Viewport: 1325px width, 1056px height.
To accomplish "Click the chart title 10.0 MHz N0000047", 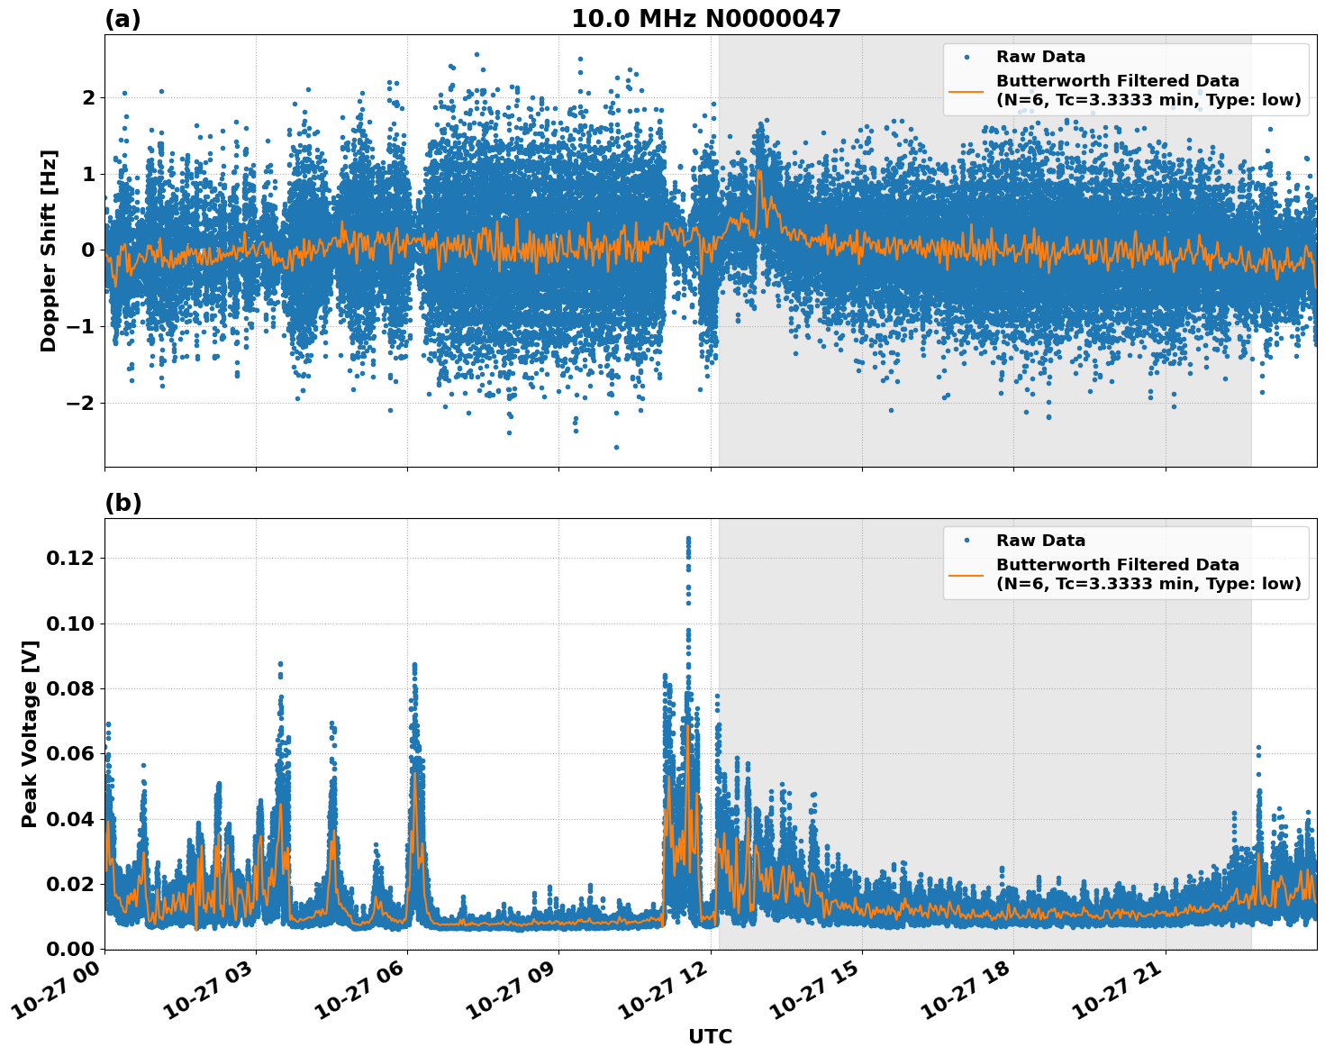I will pyautogui.click(x=705, y=19).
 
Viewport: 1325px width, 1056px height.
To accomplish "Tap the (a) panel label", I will pyautogui.click(x=123, y=19).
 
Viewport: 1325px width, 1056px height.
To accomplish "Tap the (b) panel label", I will pyautogui.click(x=123, y=503).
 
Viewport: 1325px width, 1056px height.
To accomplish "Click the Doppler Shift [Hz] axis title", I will pyautogui.click(x=49, y=250).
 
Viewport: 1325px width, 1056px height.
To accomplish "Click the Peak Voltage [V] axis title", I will pyautogui.click(x=30, y=733).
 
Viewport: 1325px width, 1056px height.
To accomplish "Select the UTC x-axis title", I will pyautogui.click(x=710, y=1036).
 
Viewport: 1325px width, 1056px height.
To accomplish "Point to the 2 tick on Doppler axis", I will pyautogui.click(x=87, y=97).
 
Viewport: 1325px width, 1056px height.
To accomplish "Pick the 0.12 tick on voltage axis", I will pyautogui.click(x=70, y=559).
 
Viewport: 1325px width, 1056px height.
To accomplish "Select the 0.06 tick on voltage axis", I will pyautogui.click(x=70, y=754).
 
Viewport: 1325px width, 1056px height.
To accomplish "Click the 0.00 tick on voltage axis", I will pyautogui.click(x=70, y=949).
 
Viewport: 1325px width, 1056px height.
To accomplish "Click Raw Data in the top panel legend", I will pyautogui.click(x=1040, y=57).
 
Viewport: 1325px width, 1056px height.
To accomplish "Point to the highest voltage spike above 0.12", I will pyautogui.click(x=688, y=539).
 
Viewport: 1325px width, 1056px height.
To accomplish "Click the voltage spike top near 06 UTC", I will pyautogui.click(x=414, y=665).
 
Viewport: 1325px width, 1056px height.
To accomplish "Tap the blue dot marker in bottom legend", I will pyautogui.click(x=966, y=541).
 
